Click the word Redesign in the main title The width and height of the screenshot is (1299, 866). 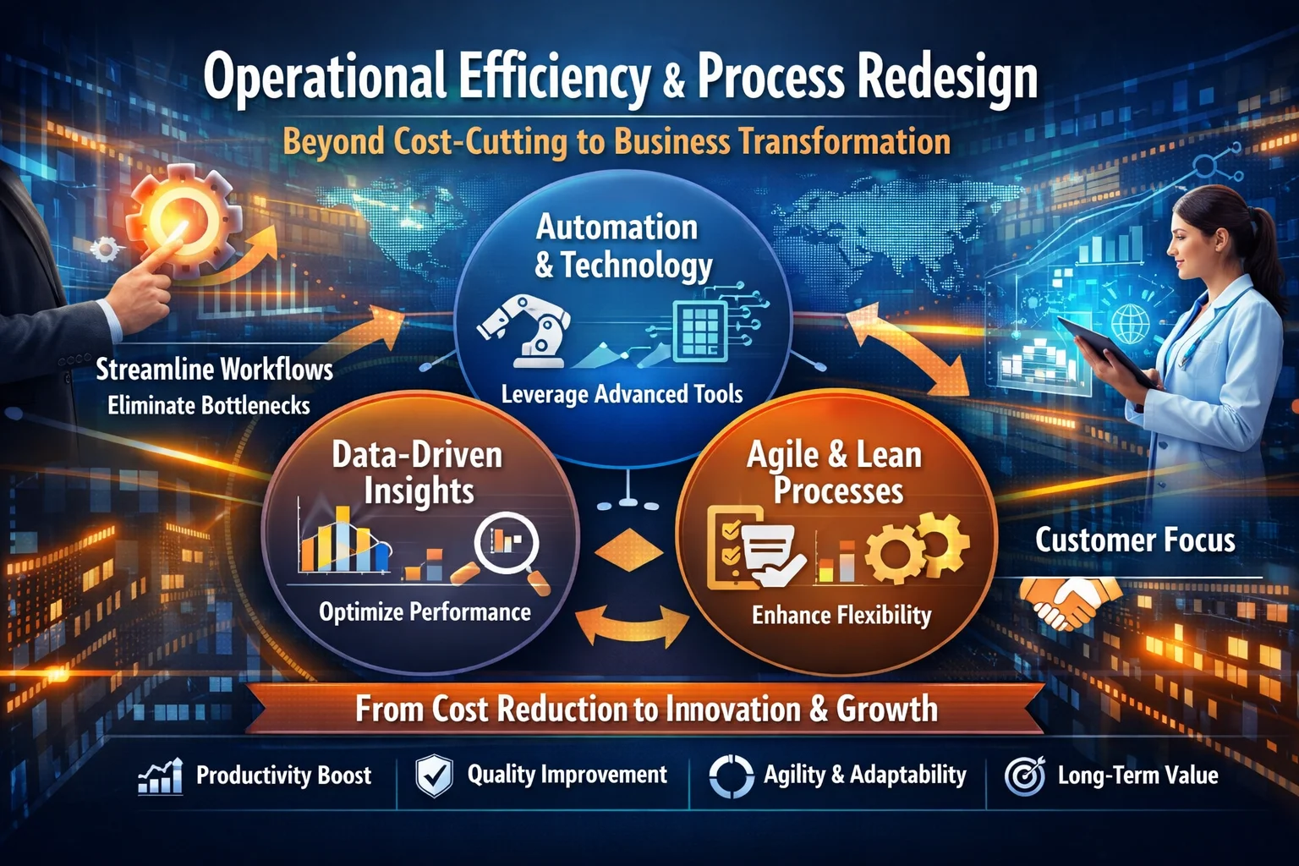click(947, 79)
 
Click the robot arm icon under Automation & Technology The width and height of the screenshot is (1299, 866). click(525, 330)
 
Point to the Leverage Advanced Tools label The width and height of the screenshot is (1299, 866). click(622, 394)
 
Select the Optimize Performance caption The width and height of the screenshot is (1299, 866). click(425, 611)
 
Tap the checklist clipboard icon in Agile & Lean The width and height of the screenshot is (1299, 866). click(731, 546)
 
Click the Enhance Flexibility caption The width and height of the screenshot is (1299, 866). click(841, 615)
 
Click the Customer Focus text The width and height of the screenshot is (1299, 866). click(1135, 540)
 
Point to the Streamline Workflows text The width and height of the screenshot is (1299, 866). click(214, 370)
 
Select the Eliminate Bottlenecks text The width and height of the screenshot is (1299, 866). click(209, 406)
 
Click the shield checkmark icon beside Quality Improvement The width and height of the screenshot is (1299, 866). click(434, 776)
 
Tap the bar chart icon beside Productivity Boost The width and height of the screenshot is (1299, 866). click(161, 776)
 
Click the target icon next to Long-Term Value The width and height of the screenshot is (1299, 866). click(1024, 776)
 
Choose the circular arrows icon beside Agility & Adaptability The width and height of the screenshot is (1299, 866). click(731, 776)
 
